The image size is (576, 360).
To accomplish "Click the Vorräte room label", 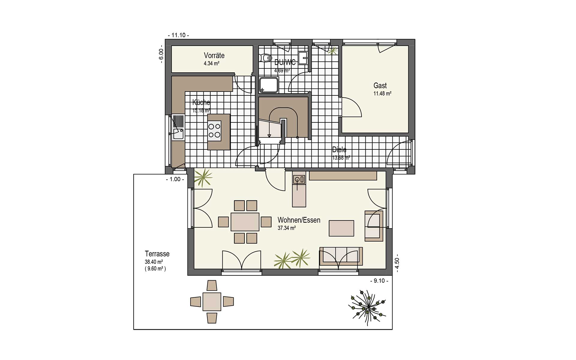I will click(214, 55).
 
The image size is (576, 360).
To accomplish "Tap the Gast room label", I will click(380, 85).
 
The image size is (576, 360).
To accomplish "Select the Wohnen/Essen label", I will click(299, 220).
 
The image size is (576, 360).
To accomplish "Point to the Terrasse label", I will click(157, 254).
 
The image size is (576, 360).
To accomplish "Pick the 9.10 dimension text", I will click(379, 281).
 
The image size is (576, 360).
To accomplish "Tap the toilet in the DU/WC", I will click(265, 58).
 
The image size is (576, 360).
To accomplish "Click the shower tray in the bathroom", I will click(269, 85).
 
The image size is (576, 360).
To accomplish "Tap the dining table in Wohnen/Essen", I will click(245, 222).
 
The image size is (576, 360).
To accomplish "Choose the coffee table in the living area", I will click(341, 228).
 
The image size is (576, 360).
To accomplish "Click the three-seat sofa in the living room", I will click(341, 256).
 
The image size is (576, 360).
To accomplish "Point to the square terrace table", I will click(212, 301).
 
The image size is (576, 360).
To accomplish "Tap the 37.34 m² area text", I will click(286, 228).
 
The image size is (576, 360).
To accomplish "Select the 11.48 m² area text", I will click(382, 94).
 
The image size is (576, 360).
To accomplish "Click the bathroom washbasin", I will click(304, 58).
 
